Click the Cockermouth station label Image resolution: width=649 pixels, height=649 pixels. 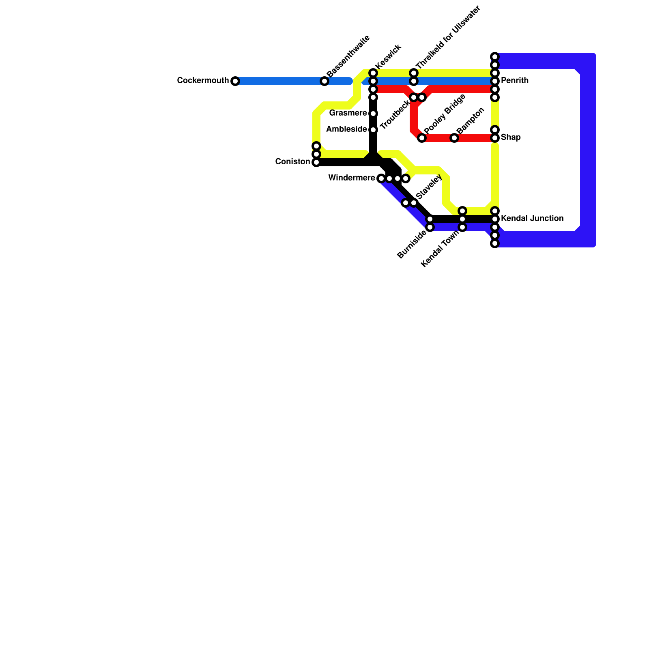tap(203, 81)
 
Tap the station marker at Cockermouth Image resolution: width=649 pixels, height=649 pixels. tap(235, 81)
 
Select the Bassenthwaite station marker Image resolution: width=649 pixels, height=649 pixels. tap(324, 81)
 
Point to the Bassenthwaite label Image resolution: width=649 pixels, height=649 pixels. tap(348, 56)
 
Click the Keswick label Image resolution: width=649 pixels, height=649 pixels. tap(388, 56)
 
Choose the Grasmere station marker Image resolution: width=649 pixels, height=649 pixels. tap(373, 114)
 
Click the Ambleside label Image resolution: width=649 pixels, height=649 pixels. tap(346, 129)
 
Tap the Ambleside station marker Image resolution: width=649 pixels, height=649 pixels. tap(373, 130)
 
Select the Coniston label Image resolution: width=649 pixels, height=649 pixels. tap(292, 162)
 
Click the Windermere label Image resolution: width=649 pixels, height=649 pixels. tap(352, 178)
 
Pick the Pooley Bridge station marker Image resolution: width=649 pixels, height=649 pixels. tap(422, 138)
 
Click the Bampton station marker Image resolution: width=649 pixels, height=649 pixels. tap(454, 138)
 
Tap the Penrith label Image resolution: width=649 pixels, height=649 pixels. tap(515, 81)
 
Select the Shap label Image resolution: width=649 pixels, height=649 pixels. tap(511, 138)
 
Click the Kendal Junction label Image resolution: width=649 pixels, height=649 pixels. tap(532, 219)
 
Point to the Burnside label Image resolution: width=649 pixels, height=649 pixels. tap(412, 244)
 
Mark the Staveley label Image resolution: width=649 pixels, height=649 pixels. tap(429, 187)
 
